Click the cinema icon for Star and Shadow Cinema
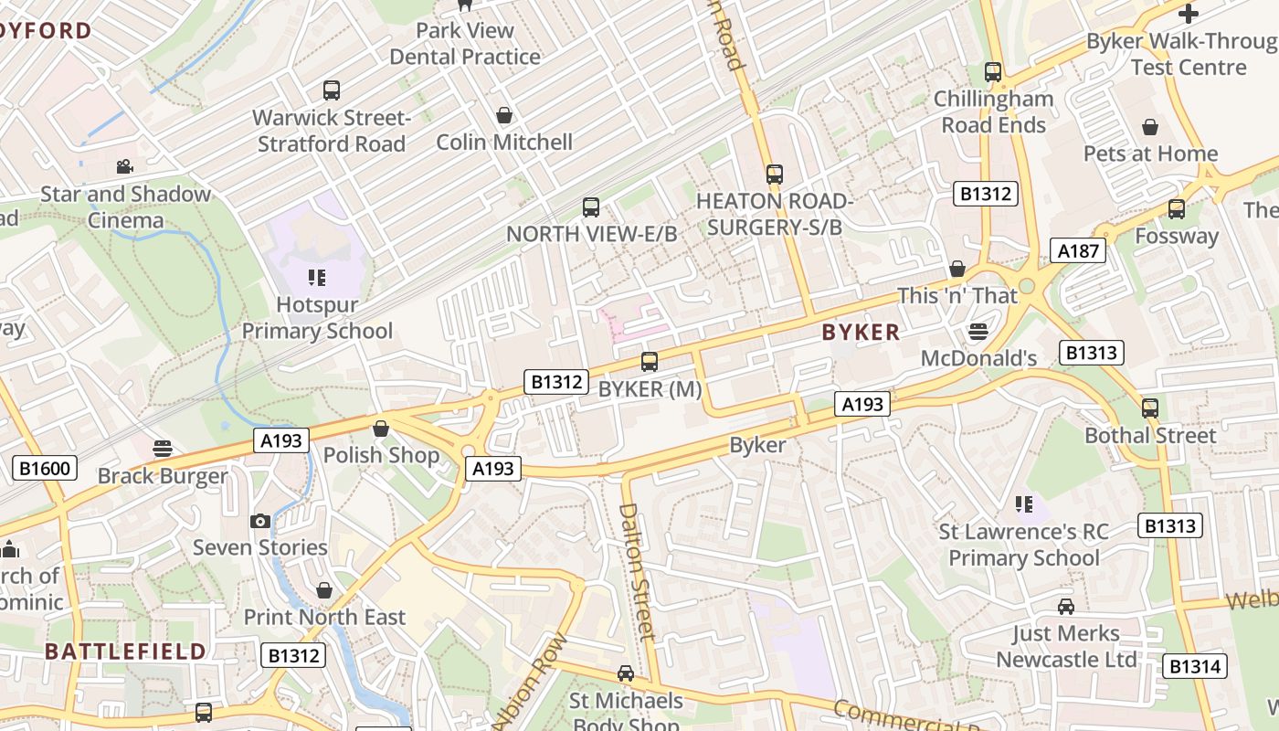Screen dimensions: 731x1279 point(124,167)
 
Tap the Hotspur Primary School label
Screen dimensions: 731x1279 point(317,317)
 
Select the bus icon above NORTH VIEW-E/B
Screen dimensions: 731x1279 point(591,207)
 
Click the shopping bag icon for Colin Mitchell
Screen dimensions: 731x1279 point(503,115)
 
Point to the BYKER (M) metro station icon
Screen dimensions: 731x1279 point(650,362)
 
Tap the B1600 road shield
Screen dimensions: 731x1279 point(44,469)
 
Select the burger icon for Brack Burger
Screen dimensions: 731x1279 point(163,449)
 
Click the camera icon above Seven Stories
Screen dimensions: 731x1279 point(260,521)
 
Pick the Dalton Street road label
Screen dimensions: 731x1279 point(639,570)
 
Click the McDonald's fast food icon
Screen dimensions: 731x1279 point(978,331)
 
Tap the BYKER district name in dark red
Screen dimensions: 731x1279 point(861,333)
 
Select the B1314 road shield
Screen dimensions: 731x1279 point(1195,666)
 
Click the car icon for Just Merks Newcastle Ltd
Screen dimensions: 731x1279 point(1066,607)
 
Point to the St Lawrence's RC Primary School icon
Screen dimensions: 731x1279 point(1024,504)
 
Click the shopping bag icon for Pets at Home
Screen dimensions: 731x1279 point(1150,127)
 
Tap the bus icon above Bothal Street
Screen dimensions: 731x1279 point(1150,408)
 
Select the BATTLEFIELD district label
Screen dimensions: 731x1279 point(125,652)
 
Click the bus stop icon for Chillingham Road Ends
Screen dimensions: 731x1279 point(993,71)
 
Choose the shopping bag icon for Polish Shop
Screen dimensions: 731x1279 point(381,429)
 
